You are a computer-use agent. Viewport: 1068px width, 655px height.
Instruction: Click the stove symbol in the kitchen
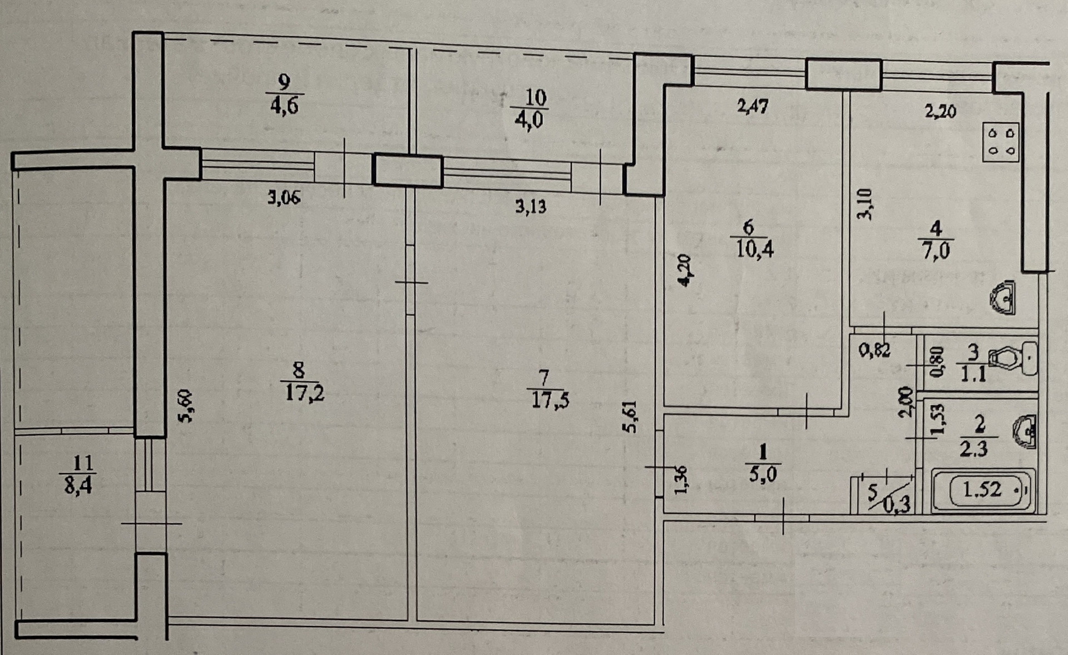coord(1001,142)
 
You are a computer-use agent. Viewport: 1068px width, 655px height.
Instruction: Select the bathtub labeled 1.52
coord(983,490)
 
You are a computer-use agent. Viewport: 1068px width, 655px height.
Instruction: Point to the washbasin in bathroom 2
coord(1025,431)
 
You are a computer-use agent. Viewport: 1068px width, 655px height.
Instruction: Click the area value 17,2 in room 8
coord(304,393)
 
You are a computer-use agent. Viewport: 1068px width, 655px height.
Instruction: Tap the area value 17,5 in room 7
coord(550,400)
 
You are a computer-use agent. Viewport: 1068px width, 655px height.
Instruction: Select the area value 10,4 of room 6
coord(754,250)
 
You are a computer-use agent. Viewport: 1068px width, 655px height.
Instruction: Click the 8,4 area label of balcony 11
coord(78,486)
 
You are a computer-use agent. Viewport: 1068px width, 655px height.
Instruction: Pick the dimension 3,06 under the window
coord(284,197)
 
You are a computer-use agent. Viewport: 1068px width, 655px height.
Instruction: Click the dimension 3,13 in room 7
coord(531,207)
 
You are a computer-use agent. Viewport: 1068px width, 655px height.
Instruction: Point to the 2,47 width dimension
coord(753,106)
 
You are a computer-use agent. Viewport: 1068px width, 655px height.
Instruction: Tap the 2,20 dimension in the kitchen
coord(940,111)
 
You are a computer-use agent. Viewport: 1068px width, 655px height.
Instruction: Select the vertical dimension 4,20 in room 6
coord(685,270)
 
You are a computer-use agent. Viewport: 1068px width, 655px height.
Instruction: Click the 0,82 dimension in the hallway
coord(874,350)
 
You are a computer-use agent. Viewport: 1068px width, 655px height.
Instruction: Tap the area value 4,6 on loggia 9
coord(284,105)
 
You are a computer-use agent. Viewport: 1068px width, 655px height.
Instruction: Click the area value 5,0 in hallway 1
coord(763,474)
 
